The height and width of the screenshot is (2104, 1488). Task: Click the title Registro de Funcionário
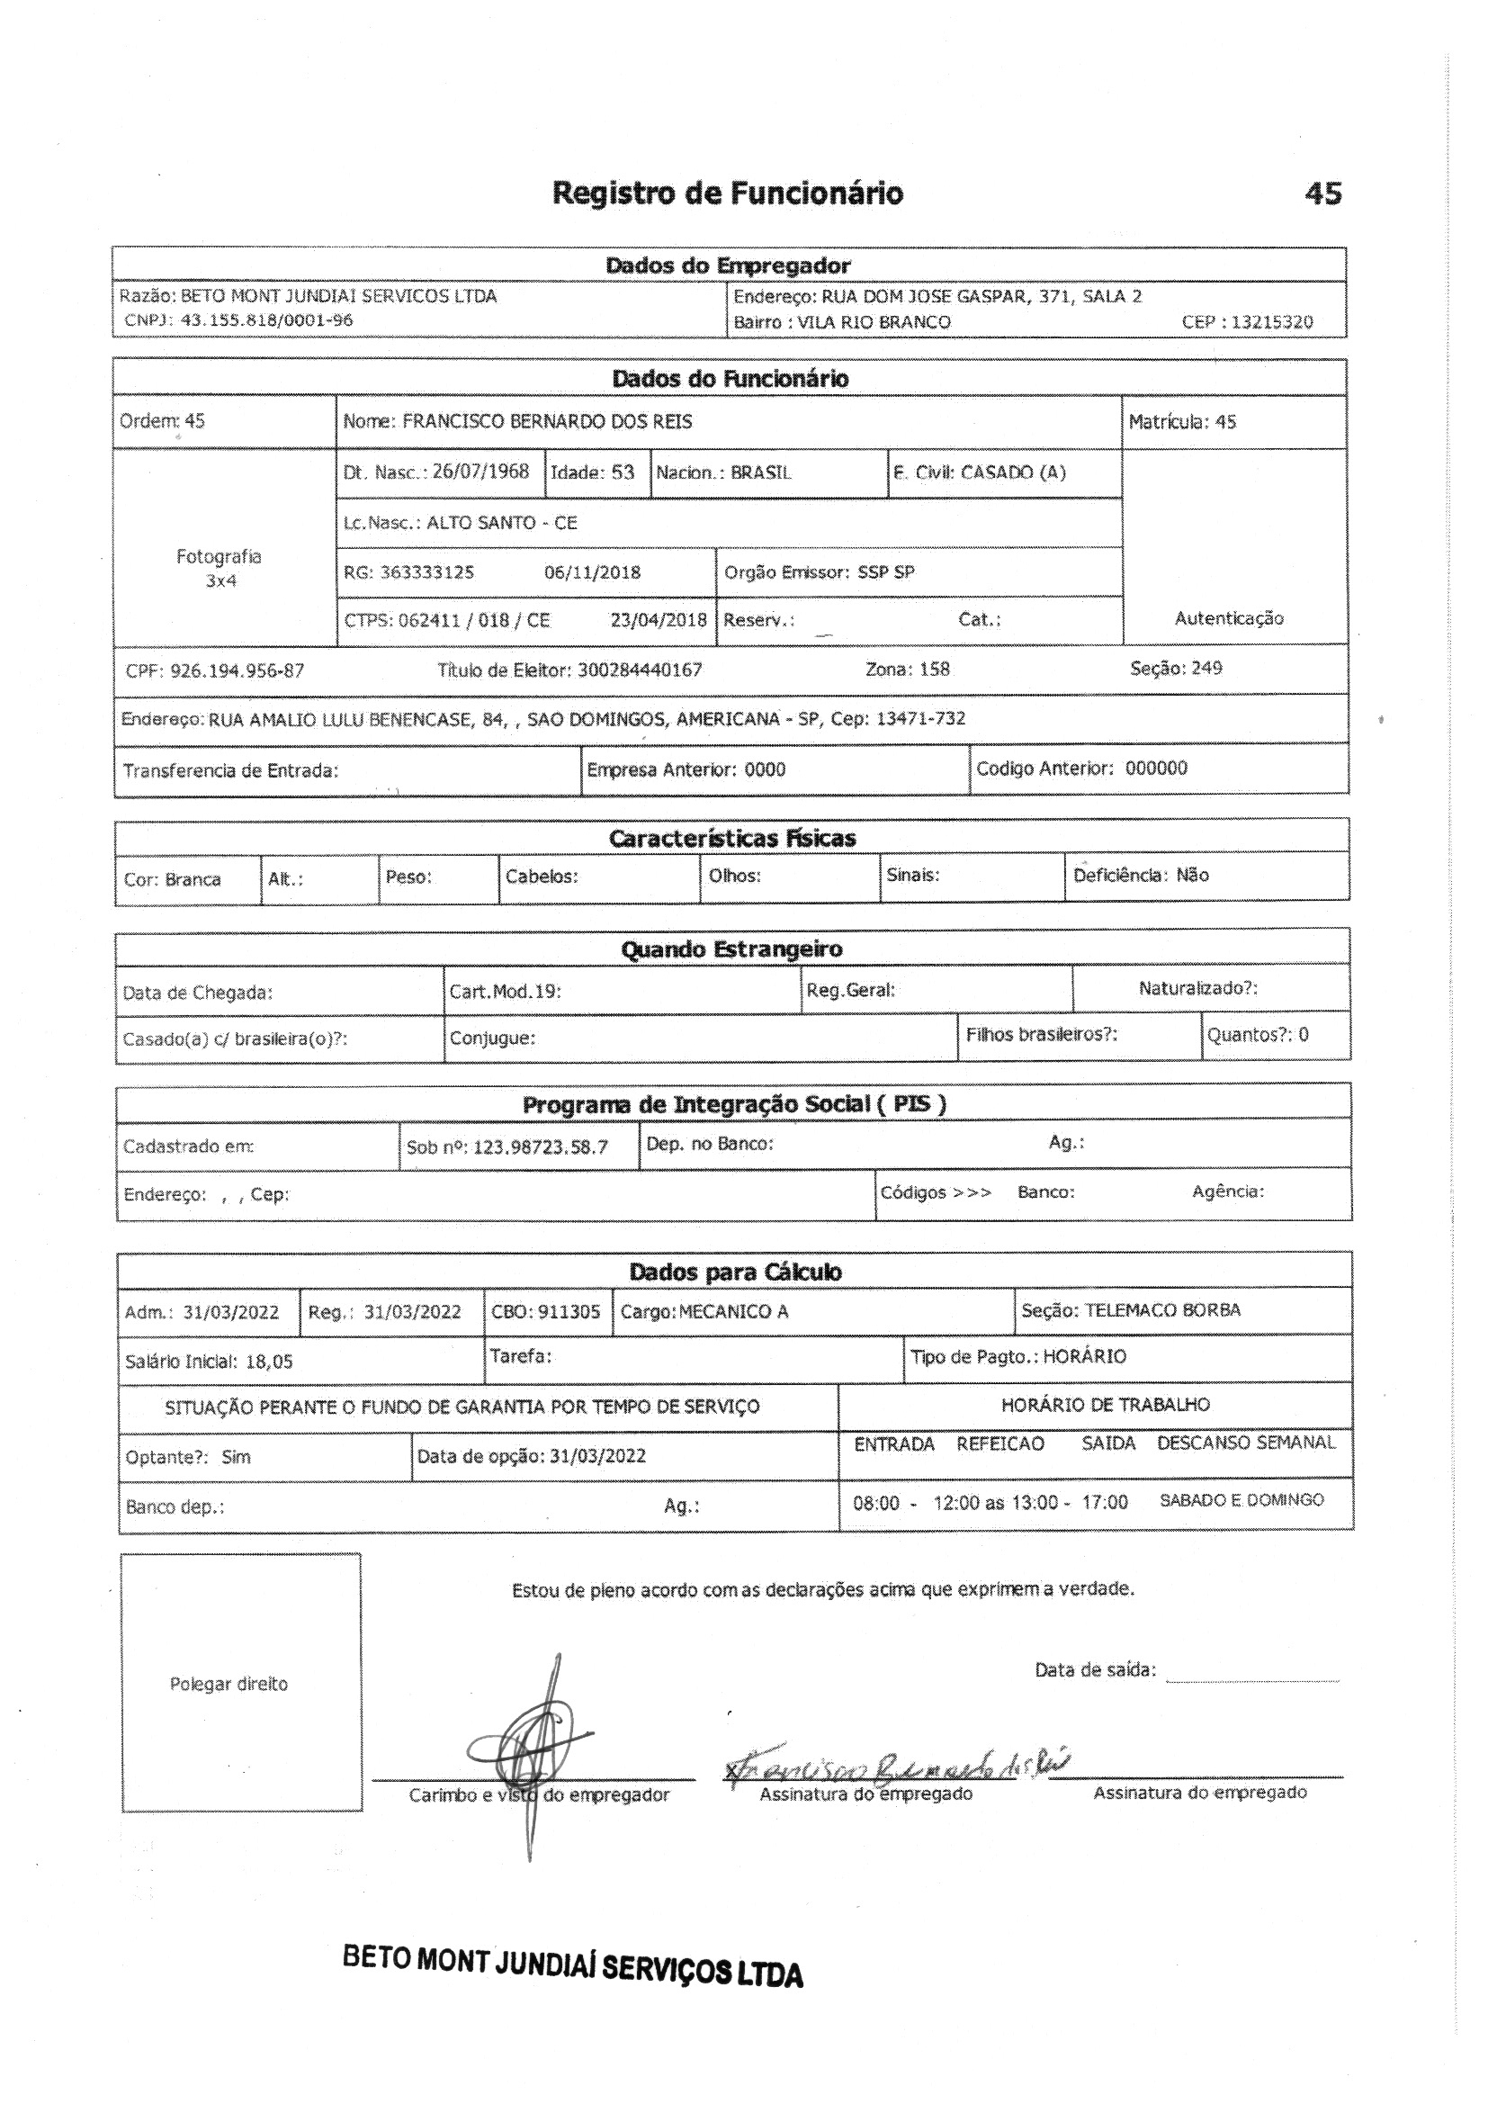(x=728, y=193)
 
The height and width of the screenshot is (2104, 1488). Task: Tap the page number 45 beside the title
(x=1322, y=193)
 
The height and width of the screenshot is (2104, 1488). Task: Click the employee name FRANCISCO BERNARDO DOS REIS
(x=547, y=422)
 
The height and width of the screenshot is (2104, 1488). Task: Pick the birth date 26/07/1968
(x=481, y=472)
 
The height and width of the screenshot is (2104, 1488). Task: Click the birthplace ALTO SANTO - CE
(x=502, y=523)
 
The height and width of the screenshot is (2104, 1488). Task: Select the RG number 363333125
(x=427, y=572)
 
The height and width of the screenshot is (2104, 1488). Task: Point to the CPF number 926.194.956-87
(x=238, y=670)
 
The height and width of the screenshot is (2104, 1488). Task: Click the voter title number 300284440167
(x=640, y=670)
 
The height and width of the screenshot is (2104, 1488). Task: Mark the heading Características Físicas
(x=732, y=839)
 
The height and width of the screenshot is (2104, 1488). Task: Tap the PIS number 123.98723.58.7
(x=541, y=1147)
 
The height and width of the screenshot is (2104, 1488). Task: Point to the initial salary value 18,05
(x=269, y=1362)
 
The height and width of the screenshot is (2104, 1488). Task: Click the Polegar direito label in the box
(x=229, y=1684)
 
